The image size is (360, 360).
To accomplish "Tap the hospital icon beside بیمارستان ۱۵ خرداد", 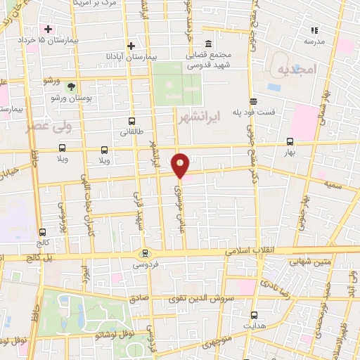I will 48,29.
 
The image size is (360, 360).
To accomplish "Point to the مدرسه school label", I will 315,41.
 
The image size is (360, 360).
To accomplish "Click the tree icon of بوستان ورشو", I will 71,86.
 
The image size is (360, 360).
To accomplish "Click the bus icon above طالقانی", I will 131,122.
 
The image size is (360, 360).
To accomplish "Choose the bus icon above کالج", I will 43,231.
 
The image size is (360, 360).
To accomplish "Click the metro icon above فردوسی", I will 146,254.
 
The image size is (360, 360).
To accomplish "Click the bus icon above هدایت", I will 254,315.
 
